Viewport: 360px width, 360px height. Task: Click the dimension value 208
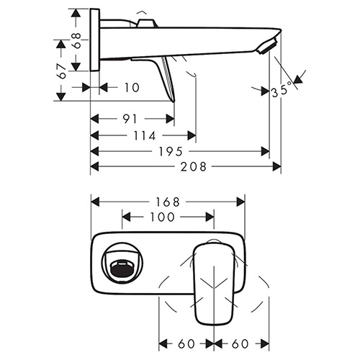click(194, 166)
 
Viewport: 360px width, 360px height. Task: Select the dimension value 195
click(171, 151)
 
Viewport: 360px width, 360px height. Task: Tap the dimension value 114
click(145, 136)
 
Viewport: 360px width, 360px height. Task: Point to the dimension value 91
click(130, 119)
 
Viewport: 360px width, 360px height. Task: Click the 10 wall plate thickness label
click(132, 88)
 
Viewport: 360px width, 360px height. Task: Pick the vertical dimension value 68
click(76, 40)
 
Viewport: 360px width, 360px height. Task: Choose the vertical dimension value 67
click(62, 71)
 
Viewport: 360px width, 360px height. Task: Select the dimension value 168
click(168, 202)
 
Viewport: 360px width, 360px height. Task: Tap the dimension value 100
click(162, 217)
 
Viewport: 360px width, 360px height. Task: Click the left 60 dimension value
click(186, 344)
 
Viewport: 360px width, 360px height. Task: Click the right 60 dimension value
click(240, 344)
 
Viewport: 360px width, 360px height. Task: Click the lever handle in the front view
click(214, 283)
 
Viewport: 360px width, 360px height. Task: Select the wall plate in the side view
click(95, 40)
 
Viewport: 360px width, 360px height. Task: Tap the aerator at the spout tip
click(267, 45)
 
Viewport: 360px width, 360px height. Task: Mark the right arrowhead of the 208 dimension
click(276, 166)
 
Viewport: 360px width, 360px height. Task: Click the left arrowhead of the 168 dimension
click(95, 202)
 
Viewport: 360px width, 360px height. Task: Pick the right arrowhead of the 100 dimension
click(210, 217)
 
